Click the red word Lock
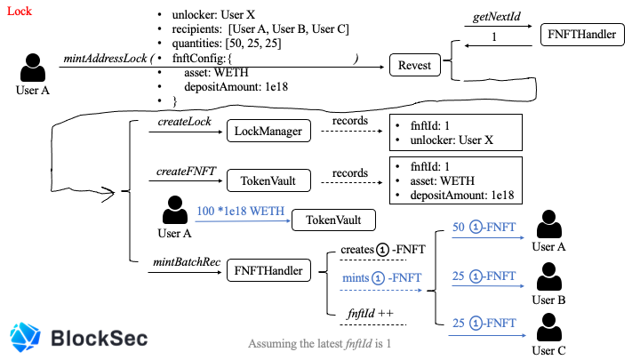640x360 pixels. (20, 11)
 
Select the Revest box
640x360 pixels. (415, 65)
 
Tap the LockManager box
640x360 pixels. (268, 131)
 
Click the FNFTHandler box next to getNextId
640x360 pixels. (581, 35)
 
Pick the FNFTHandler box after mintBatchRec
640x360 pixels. (268, 270)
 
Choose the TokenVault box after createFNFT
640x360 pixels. (268, 180)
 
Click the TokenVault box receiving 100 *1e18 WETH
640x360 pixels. (333, 220)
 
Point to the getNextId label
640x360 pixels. (496, 16)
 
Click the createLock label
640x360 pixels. (185, 121)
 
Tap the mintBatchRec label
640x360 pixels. (187, 262)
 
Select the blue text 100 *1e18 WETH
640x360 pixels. (240, 211)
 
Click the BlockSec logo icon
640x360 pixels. (25, 337)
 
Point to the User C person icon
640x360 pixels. (549, 327)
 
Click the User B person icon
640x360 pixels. (549, 276)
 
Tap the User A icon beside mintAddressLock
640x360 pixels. (33, 68)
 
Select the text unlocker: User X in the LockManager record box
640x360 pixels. (452, 140)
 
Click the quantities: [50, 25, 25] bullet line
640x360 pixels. (227, 44)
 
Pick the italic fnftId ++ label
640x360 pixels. (370, 313)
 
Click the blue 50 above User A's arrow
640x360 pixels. (458, 227)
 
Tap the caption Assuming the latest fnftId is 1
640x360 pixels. (320, 344)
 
